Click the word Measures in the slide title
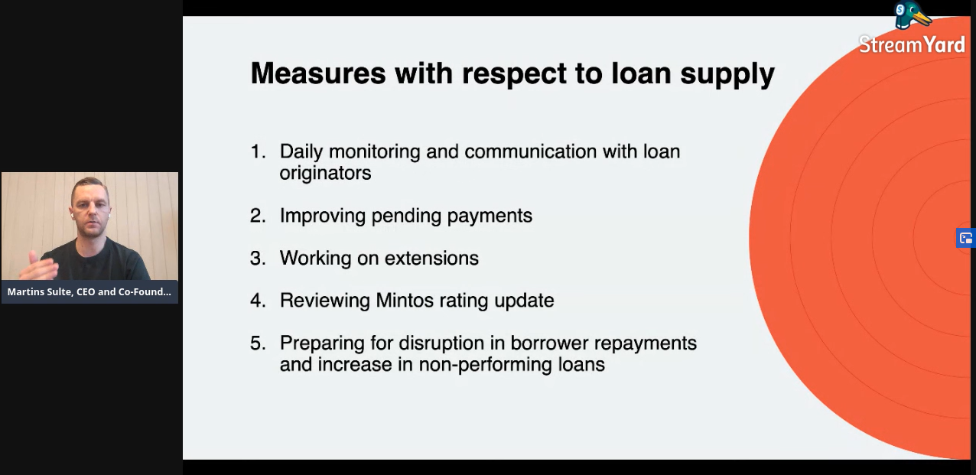(x=318, y=73)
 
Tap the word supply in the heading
(x=727, y=74)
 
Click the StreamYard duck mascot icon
(x=912, y=16)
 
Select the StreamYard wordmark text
(x=912, y=45)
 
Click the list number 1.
(x=258, y=151)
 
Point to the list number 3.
(x=258, y=259)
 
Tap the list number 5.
(x=258, y=343)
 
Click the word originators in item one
(x=326, y=174)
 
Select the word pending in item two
(x=406, y=216)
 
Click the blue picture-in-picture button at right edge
(x=966, y=238)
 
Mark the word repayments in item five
(x=646, y=344)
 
